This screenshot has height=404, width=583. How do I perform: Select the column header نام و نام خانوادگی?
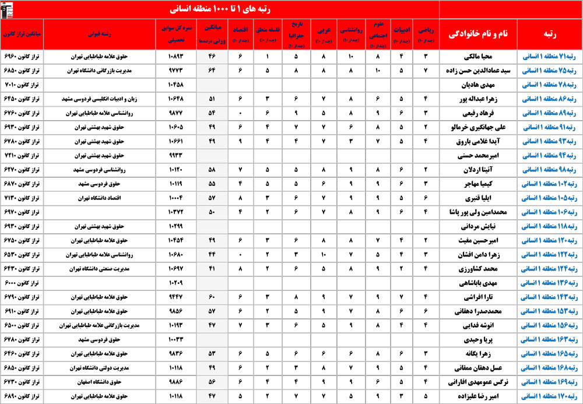(x=477, y=34)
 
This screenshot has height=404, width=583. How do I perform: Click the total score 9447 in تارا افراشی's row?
(x=174, y=297)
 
